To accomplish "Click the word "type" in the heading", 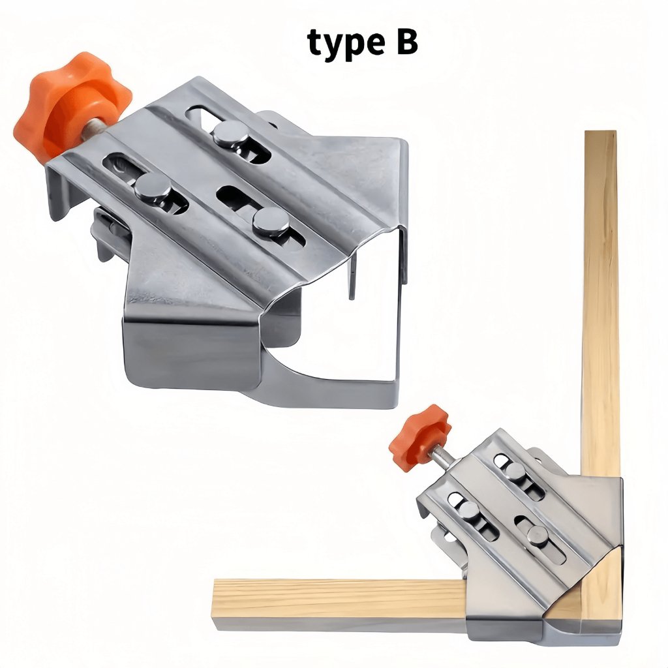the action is (348, 43).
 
